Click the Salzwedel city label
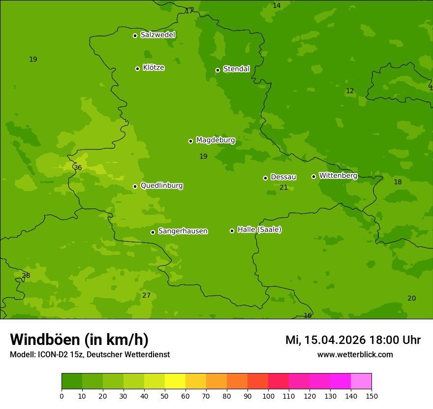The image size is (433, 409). tap(157, 35)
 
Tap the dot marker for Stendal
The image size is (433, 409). tap(217, 70)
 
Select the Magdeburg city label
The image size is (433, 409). tap(215, 140)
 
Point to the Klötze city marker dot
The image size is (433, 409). tap(137, 68)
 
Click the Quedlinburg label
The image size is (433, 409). tap(161, 186)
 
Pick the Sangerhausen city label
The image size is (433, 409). tap(183, 231)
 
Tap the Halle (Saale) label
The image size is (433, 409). tap(259, 230)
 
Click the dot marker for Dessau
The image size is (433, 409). tap(265, 178)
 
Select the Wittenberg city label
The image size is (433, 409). tap(338, 175)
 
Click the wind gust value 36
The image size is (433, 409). tap(78, 168)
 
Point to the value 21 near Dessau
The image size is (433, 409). tap(284, 187)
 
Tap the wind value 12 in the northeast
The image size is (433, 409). tap(350, 91)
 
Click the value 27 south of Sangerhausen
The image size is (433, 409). tap(146, 295)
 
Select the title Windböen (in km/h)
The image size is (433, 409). tap(79, 340)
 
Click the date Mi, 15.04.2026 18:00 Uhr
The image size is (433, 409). tap(353, 340)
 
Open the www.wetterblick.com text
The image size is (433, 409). tap(355, 355)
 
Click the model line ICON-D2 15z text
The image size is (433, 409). tap(90, 355)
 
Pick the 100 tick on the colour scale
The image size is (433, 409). tap(268, 396)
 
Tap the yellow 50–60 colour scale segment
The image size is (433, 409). tap(175, 381)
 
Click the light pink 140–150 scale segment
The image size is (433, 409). tap(361, 381)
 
